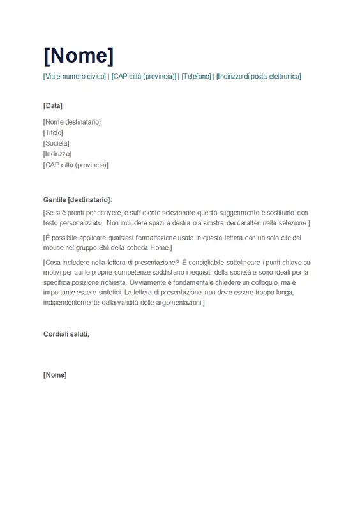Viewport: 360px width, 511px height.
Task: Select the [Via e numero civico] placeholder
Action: [75, 77]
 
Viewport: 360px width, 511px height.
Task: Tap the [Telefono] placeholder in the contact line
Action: [196, 77]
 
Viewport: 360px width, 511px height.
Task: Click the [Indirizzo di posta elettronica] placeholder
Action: [259, 77]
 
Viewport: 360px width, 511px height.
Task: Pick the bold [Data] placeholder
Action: [52, 105]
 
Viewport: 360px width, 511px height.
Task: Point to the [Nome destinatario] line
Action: [72, 122]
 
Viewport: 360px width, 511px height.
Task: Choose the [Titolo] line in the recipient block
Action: [53, 132]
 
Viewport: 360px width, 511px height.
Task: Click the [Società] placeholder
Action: [56, 143]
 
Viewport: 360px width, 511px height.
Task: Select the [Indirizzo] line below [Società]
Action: [57, 154]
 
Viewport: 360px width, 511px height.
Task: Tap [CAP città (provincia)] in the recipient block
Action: [76, 165]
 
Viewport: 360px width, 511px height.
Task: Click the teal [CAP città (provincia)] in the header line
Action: [143, 77]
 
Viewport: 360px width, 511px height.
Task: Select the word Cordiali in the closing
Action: [57, 334]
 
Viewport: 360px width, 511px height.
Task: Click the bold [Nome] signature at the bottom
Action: [55, 375]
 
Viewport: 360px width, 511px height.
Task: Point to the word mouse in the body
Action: [54, 248]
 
